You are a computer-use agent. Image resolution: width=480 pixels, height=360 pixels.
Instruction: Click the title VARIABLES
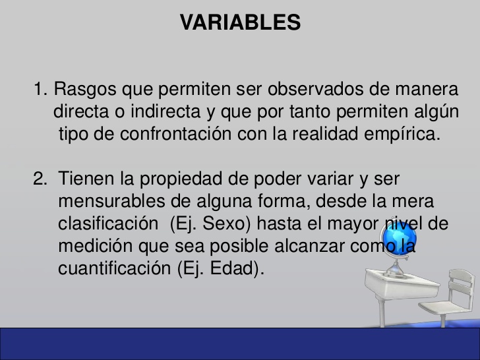tap(240, 22)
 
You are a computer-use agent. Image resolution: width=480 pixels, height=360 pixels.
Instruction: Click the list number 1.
tap(40, 88)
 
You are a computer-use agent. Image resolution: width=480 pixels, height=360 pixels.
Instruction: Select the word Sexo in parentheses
tap(224, 224)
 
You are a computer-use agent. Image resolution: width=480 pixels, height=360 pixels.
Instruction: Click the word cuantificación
tap(114, 270)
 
